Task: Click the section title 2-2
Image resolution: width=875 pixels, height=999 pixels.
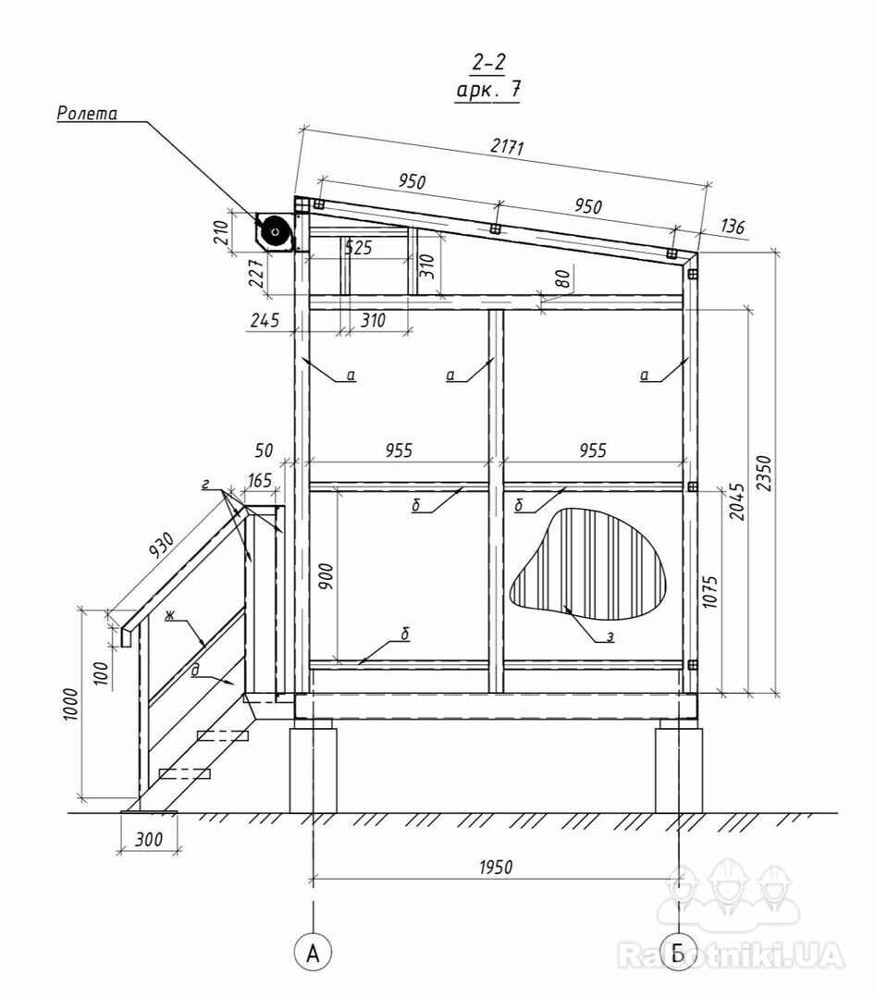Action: [x=488, y=63]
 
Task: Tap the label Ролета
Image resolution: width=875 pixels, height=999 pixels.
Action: [x=87, y=114]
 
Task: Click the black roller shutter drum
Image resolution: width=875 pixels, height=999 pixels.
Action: [x=276, y=231]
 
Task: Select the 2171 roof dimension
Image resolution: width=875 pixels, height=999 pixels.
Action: [x=507, y=146]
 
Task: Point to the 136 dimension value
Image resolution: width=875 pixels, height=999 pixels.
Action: [x=733, y=227]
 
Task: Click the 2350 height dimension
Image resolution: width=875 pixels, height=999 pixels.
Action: [x=764, y=474]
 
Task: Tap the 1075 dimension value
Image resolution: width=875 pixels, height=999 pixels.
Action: [x=710, y=593]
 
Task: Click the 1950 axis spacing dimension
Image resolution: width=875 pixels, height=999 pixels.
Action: [x=495, y=867]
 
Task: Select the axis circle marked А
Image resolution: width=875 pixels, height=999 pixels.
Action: [x=313, y=953]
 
